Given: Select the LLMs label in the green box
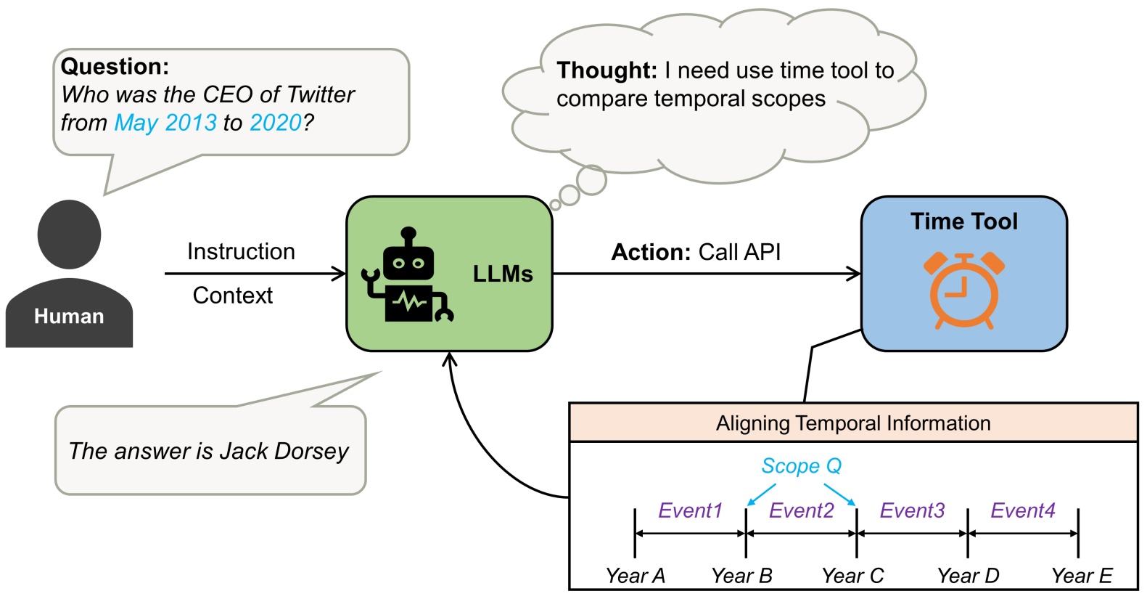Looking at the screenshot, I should (x=503, y=274).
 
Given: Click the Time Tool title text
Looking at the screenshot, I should (x=964, y=221).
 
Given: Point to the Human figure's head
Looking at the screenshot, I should (x=69, y=234).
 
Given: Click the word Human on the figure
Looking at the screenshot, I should (x=69, y=317).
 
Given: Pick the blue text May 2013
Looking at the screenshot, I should (x=165, y=123).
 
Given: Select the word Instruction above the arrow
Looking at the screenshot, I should (x=241, y=251).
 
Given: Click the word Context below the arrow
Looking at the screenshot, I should (x=233, y=296).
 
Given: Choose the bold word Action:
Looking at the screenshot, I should (x=651, y=252).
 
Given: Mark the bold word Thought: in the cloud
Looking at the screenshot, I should (x=607, y=70).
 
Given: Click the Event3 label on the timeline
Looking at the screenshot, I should (x=912, y=511).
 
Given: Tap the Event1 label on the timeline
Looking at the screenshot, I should (x=690, y=511).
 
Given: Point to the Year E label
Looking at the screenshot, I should (x=1082, y=576).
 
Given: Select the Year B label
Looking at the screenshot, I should (x=741, y=576).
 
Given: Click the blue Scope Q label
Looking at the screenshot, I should (x=801, y=466).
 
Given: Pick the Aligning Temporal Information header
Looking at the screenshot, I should (x=853, y=423).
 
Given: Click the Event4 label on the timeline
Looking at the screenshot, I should (x=1023, y=511).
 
